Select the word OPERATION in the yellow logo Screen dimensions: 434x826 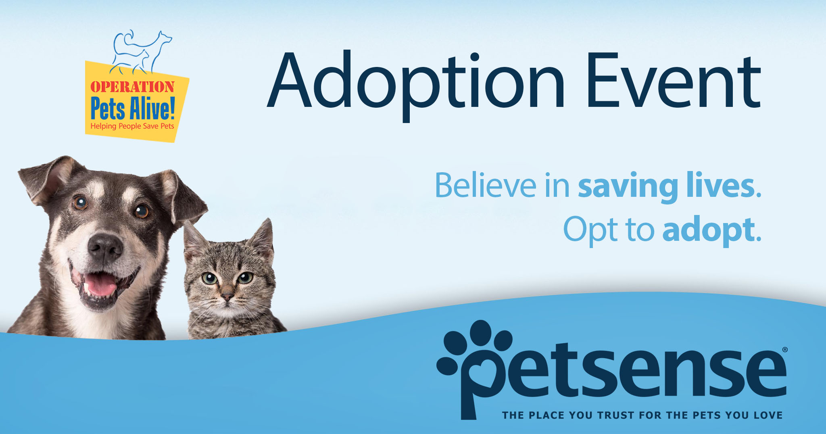(x=132, y=87)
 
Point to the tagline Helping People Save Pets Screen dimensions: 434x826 (x=132, y=126)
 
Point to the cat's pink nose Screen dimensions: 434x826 (x=227, y=297)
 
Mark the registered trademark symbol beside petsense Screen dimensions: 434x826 (x=784, y=350)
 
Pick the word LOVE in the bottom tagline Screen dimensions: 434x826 (x=768, y=415)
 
